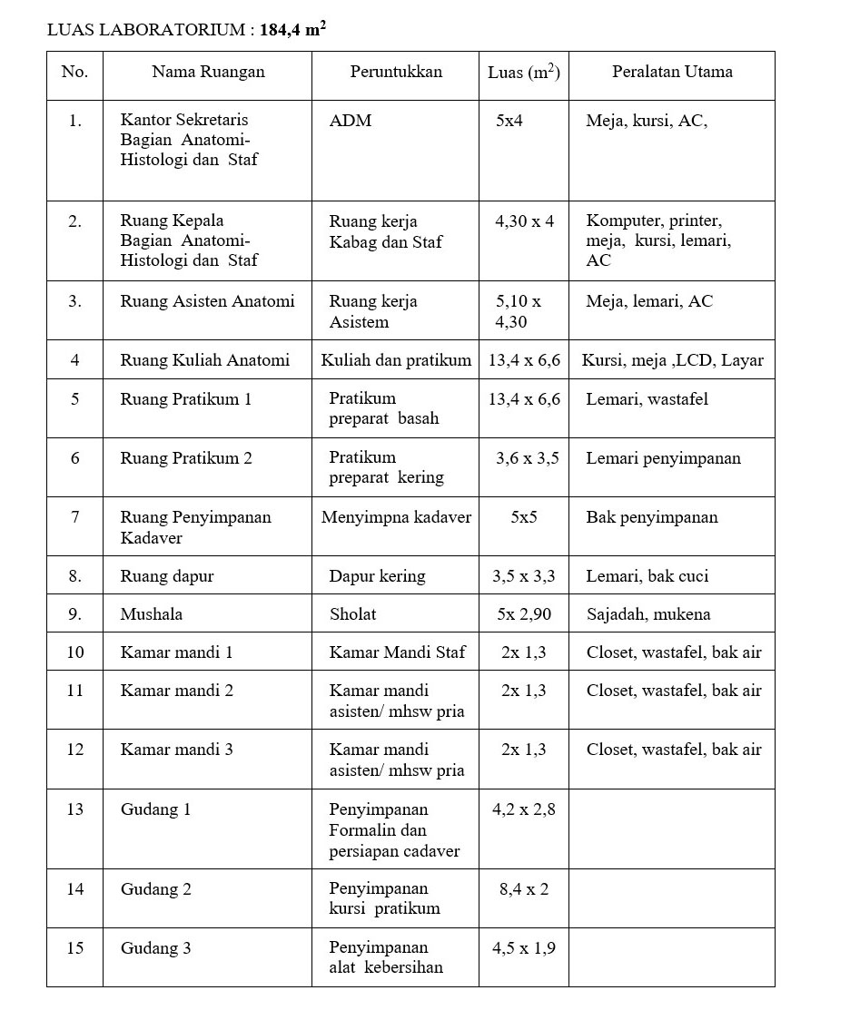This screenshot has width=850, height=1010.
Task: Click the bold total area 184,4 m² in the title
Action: click(x=292, y=29)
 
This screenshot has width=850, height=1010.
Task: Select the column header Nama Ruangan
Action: click(x=208, y=72)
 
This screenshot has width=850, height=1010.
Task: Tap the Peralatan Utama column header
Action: click(x=672, y=72)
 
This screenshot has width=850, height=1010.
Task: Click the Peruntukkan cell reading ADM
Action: click(x=351, y=121)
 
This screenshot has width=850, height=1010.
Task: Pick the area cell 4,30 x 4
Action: click(x=524, y=221)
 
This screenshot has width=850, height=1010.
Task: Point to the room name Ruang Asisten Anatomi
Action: click(x=207, y=301)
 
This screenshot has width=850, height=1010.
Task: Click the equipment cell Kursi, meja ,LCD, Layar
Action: click(x=672, y=360)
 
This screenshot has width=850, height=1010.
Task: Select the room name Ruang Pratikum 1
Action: click(x=185, y=399)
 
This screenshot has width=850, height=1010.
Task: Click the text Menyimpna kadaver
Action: click(x=396, y=517)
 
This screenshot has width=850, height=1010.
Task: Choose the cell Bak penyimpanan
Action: click(x=651, y=517)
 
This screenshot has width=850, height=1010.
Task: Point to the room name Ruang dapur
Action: click(x=167, y=576)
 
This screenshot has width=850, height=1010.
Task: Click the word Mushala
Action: click(x=151, y=614)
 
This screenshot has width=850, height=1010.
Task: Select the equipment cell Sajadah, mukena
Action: click(x=647, y=614)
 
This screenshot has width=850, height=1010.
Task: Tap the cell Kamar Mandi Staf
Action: click(x=397, y=652)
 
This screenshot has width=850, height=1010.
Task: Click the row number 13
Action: click(x=74, y=809)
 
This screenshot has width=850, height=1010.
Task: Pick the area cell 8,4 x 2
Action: click(x=524, y=889)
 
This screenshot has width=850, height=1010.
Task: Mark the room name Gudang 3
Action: click(x=155, y=949)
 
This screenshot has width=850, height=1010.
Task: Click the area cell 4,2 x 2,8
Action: click(x=524, y=809)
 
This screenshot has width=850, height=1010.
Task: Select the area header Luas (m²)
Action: click(x=523, y=72)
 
